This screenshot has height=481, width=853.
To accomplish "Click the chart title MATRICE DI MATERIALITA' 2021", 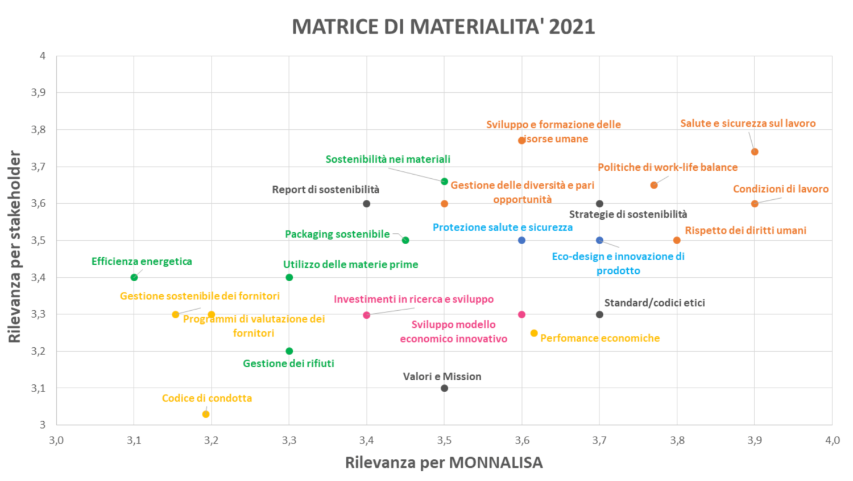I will (x=443, y=27).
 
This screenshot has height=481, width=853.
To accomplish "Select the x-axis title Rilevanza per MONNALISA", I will (x=444, y=462).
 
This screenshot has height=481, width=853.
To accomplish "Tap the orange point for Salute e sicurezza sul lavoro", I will (x=755, y=151).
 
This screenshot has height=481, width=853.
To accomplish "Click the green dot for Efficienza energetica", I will (x=134, y=277).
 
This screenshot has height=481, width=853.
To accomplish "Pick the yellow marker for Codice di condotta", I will (x=206, y=414).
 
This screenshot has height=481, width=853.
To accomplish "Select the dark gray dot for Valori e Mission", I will (x=444, y=388).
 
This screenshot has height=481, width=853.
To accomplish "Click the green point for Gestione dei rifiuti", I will (x=289, y=351).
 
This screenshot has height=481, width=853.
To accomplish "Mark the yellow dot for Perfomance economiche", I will (x=534, y=333).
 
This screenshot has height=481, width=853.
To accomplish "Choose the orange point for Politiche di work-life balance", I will (x=654, y=185).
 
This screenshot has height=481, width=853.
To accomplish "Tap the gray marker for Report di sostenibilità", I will (x=367, y=204).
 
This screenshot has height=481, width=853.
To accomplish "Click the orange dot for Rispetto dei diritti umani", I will (x=677, y=240).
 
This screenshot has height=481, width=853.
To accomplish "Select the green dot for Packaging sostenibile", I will (x=405, y=240).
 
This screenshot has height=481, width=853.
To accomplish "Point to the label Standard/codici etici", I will (x=654, y=303).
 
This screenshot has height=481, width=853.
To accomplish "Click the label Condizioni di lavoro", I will (x=780, y=189).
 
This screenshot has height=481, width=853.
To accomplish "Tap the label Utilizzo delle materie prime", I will (x=350, y=265).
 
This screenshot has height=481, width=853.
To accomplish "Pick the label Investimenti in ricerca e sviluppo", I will (x=413, y=299).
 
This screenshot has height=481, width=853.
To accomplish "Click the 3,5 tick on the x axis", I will (x=444, y=440).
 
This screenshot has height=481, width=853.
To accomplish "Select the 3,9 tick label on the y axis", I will (x=38, y=92).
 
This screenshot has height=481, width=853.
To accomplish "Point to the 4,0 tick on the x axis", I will (x=832, y=440).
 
